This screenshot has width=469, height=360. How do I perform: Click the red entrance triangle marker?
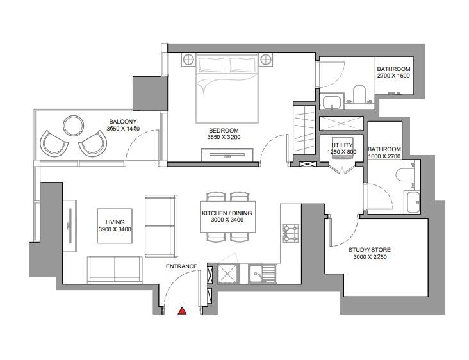pos(182,311)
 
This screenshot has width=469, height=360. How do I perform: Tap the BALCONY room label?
pos(122,122)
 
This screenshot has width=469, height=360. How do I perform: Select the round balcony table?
pos(74,126)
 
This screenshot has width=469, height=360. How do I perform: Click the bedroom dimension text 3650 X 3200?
pos(224,137)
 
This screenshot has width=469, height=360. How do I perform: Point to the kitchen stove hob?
pos(291,233)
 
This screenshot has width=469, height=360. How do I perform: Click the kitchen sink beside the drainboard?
pos(256,274)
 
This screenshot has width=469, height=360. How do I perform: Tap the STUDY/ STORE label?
pos(370,250)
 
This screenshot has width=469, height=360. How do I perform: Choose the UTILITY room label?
pos(342,145)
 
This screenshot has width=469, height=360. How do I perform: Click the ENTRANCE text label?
pos(181,266)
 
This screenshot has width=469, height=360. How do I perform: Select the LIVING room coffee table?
pos(115,226)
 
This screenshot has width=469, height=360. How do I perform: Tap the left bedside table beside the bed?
pos(188,60)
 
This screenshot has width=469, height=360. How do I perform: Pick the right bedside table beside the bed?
pos(265,60)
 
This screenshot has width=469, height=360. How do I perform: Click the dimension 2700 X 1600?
pos(393,76)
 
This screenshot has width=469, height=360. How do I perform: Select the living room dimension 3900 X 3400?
pos(115,229)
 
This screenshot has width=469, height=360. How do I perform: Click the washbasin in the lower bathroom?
pos(413,202)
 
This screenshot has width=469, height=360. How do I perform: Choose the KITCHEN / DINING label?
pos(227,213)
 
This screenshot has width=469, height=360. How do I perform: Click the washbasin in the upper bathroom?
pos(332,101)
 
